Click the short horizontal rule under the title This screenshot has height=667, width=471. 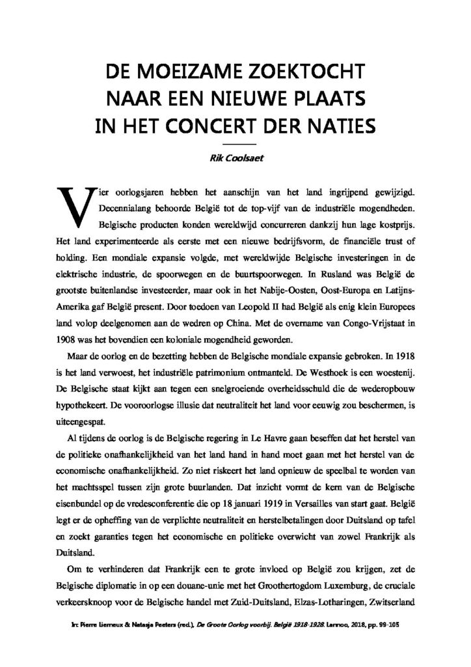(x=235, y=142)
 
